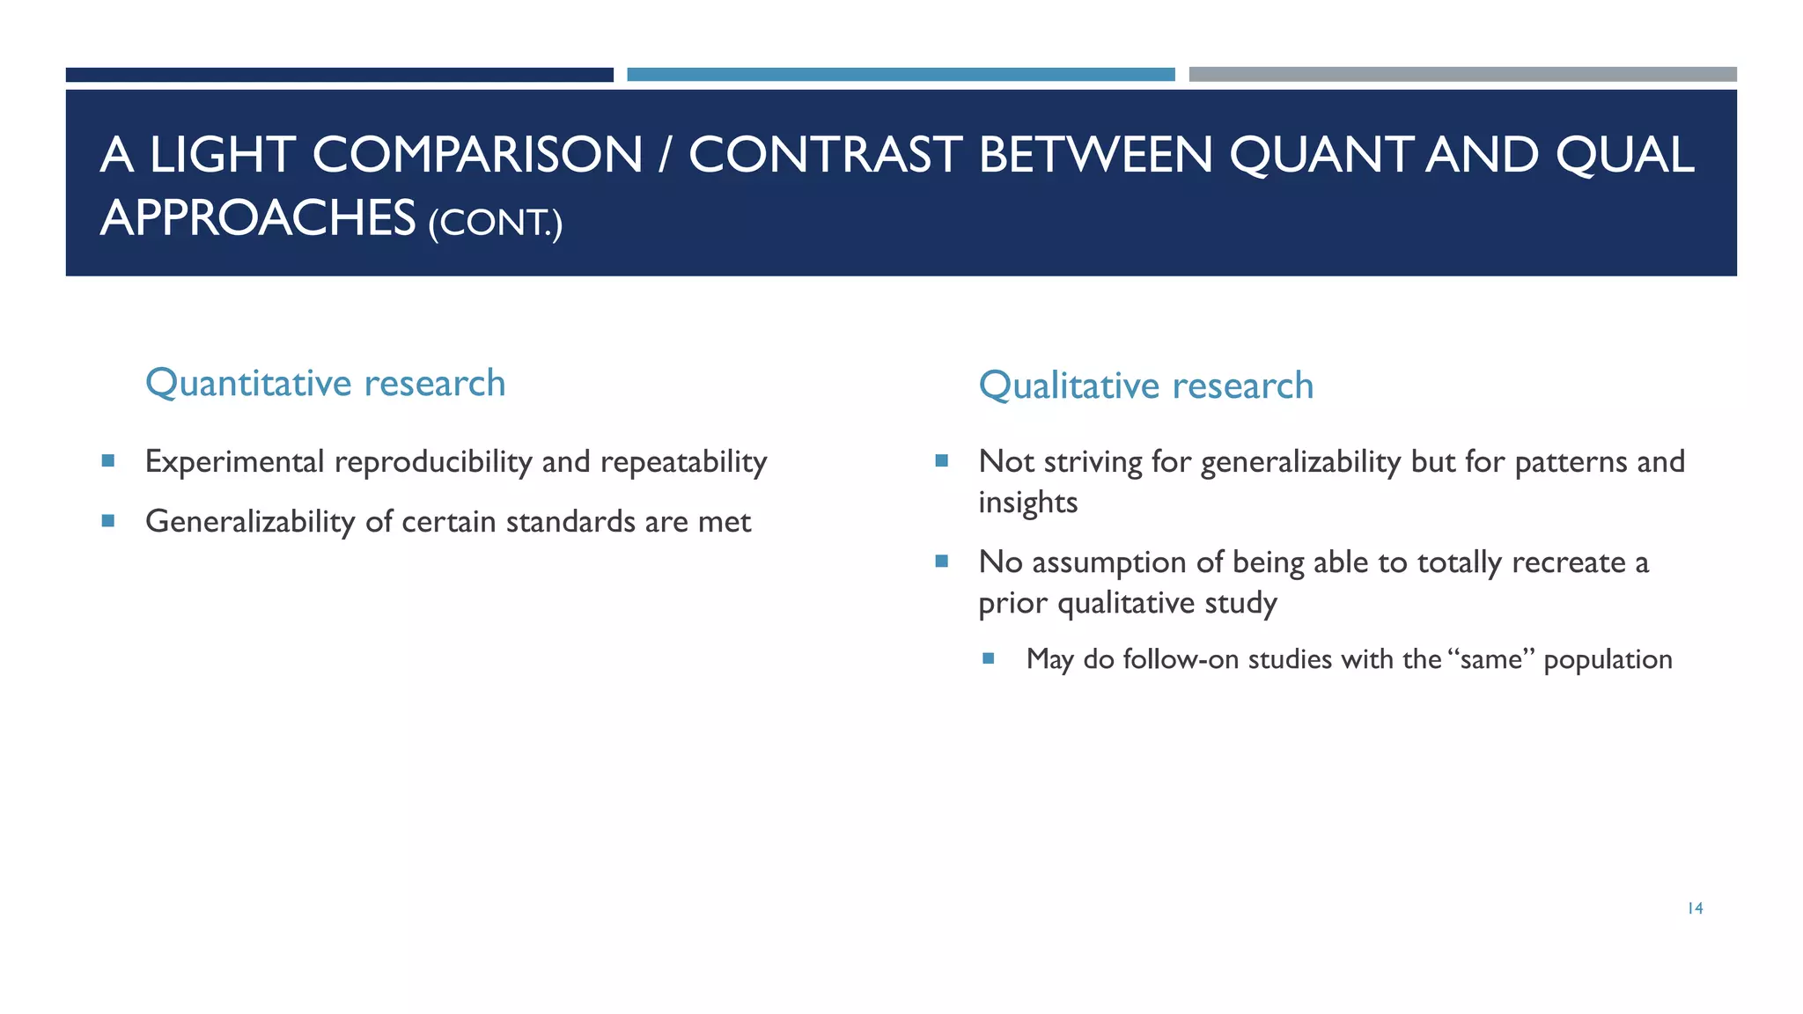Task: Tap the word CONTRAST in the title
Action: pos(825,155)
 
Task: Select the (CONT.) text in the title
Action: pos(495,222)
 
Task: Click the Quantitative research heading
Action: pos(325,383)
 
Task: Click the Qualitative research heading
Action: pos(1145,386)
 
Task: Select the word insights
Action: pos(1027,503)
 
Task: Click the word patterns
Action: pos(1570,462)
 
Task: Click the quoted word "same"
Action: pos(1490,659)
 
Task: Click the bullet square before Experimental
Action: pos(108,460)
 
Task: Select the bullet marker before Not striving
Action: pos(941,460)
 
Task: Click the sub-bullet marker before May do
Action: pos(988,658)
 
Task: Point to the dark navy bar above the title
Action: pos(339,75)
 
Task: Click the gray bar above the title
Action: pos(1462,75)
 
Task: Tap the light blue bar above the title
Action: pos(901,75)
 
